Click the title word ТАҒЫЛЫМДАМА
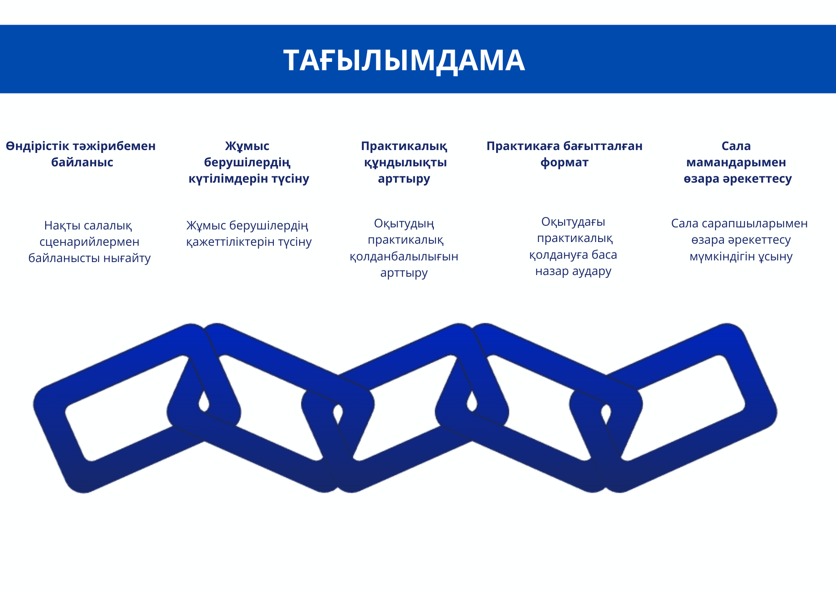404,60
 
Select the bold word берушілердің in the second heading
247,163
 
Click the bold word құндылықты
405,163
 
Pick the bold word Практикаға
523,146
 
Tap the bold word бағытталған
603,146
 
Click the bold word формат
564,163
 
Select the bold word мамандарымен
736,163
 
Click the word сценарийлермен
89,242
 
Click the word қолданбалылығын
404,256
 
